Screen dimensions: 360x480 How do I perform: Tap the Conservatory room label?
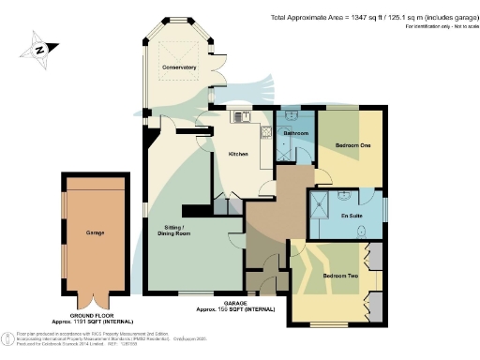click(x=178, y=67)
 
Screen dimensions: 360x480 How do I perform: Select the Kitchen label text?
click(x=238, y=155)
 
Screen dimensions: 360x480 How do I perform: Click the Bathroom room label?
click(x=298, y=133)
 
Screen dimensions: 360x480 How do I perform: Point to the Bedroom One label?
click(x=352, y=145)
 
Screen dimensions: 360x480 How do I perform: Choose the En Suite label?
click(x=352, y=217)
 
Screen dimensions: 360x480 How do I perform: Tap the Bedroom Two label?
click(x=339, y=277)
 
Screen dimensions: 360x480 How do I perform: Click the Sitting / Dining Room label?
click(x=176, y=230)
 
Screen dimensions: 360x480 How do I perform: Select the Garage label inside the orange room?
click(x=95, y=233)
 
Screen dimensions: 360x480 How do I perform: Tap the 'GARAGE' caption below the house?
click(x=234, y=302)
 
